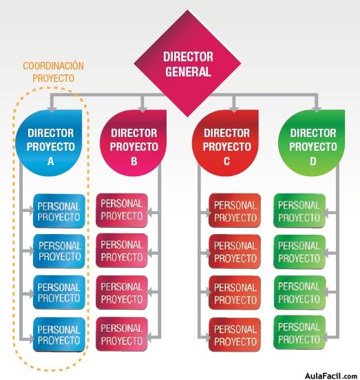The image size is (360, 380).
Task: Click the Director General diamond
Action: point(187,63)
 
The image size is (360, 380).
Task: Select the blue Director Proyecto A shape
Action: point(49,143)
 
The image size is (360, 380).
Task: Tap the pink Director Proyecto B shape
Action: point(134,143)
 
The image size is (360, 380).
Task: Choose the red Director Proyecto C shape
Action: point(225,143)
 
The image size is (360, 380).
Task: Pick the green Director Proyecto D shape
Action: point(312,143)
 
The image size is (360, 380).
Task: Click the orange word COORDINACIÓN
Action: point(53,66)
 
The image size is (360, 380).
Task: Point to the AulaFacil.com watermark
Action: point(331,376)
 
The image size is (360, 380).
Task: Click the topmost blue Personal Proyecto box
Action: point(59,211)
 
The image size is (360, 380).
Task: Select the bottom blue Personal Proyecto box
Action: point(59,335)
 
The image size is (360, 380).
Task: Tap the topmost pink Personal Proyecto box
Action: point(122,210)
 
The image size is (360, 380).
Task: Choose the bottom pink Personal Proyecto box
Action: point(122,334)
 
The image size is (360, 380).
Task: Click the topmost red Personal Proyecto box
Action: point(235,211)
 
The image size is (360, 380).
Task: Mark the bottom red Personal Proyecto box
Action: point(235,335)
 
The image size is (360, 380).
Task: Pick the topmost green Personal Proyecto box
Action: point(299,211)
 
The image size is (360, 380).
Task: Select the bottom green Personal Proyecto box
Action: point(299,332)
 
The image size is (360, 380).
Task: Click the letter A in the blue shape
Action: point(51,161)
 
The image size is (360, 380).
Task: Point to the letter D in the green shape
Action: point(313,161)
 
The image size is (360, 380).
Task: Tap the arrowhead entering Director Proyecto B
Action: point(142,109)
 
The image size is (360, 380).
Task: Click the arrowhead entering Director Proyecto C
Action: point(234,109)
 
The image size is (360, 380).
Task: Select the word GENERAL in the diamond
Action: point(188,72)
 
